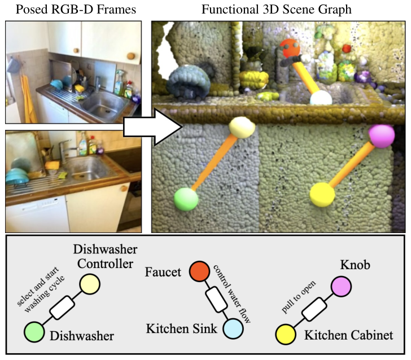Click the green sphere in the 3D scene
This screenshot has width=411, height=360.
tap(186, 200)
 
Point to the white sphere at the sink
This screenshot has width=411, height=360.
tap(321, 98)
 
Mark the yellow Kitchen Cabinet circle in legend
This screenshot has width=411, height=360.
tap(286, 336)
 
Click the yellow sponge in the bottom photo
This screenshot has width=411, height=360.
tap(54, 165)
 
